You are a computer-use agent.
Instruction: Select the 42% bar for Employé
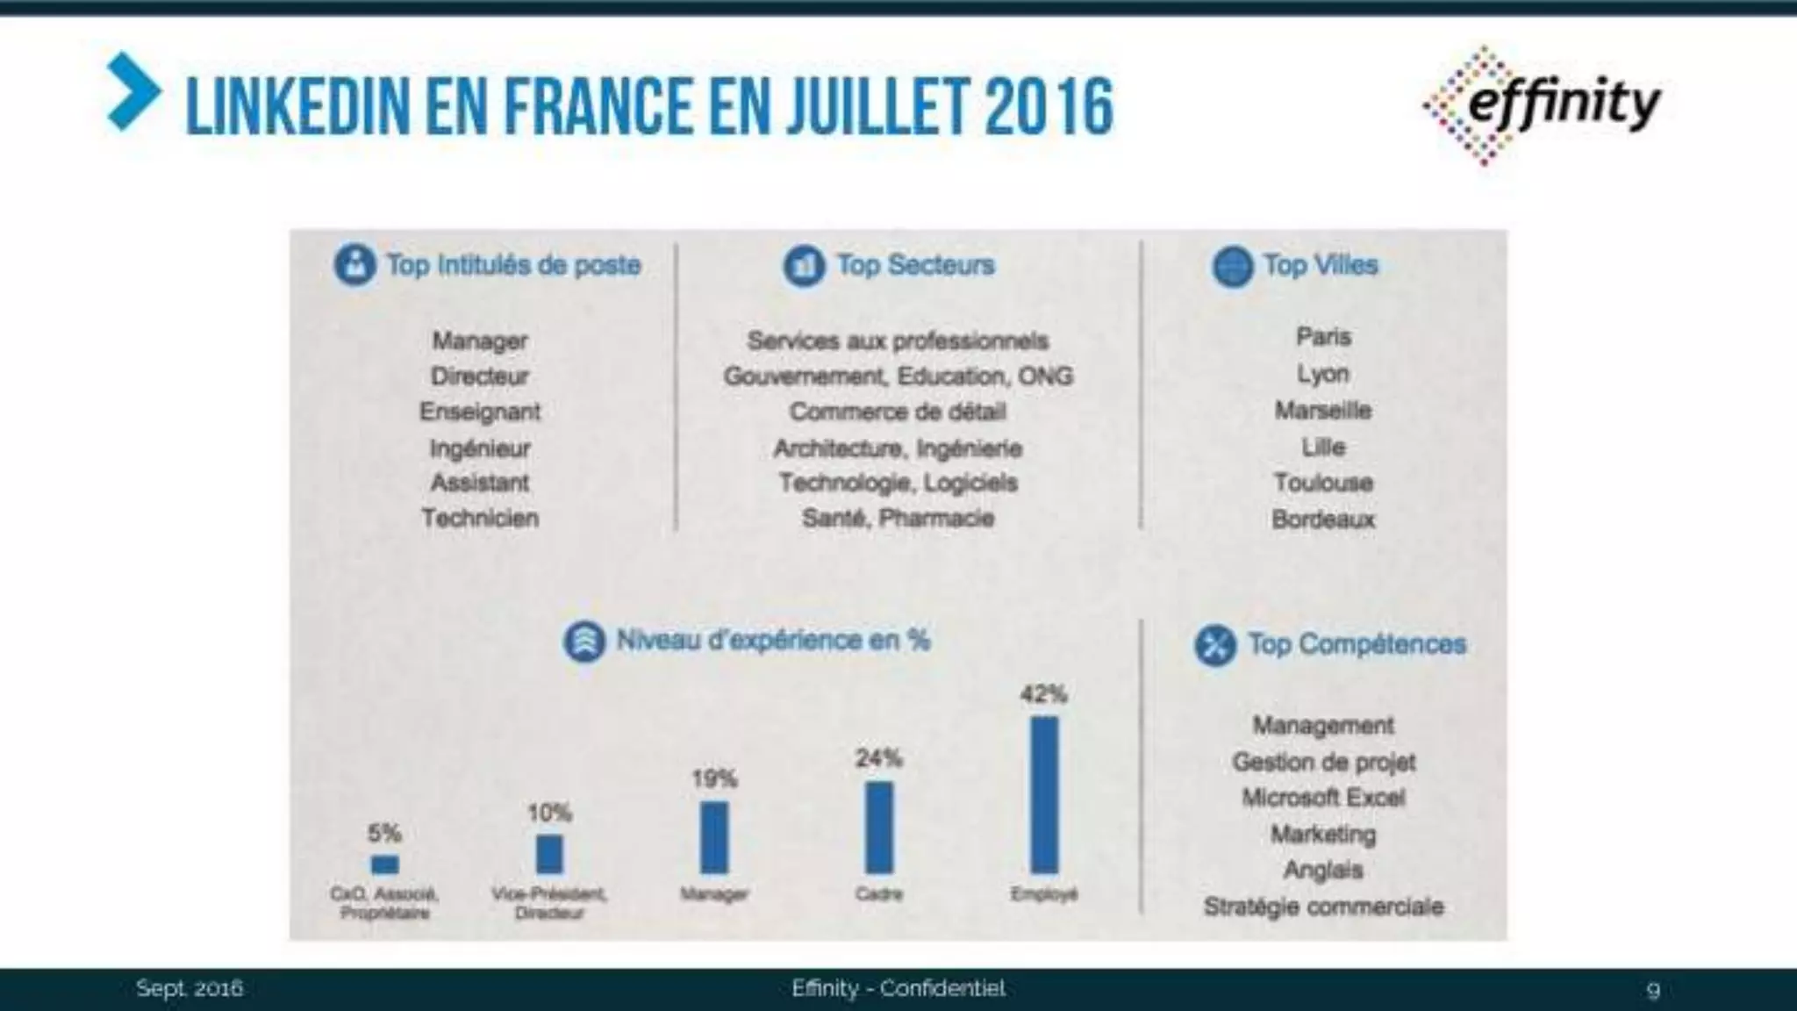[1043, 794]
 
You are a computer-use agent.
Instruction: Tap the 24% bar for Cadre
[878, 827]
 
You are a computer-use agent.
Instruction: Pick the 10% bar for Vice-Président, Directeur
[549, 853]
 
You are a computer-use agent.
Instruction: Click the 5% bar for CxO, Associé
[384, 864]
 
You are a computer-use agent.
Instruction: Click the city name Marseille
[1323, 411]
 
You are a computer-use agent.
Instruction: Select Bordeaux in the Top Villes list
[1323, 520]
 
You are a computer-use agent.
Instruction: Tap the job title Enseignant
[480, 412]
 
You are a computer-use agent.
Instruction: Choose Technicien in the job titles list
[480, 518]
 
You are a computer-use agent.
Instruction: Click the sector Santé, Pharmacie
[898, 518]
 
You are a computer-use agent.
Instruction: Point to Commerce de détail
[898, 412]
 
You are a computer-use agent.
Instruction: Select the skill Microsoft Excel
[1323, 798]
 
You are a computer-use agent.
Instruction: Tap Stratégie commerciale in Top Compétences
[1323, 907]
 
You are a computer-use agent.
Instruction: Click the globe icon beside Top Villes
[1232, 265]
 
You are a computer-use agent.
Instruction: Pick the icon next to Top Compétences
[1215, 645]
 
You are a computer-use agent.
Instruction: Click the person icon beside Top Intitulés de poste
[354, 264]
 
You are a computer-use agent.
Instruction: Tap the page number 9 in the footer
[1653, 990]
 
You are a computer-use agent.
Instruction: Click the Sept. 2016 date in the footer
[190, 988]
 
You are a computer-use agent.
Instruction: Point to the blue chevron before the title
[133, 92]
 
